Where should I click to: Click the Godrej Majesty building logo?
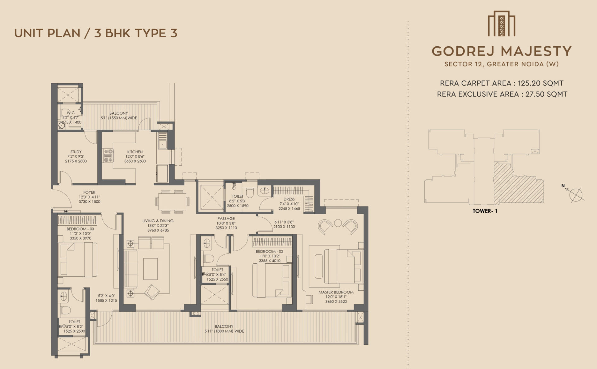click(501, 24)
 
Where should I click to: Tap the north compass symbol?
click(575, 194)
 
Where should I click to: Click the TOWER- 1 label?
click(485, 211)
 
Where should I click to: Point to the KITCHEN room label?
click(135, 152)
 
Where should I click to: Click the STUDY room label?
click(76, 152)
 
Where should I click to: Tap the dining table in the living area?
click(172, 201)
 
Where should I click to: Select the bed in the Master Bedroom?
click(342, 266)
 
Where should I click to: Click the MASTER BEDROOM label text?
click(336, 292)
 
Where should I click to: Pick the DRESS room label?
click(289, 199)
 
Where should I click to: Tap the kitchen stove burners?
click(108, 156)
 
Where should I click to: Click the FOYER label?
click(89, 192)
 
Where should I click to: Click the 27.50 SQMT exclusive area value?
click(546, 94)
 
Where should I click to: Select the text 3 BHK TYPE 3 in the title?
click(136, 33)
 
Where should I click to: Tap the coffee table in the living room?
click(150, 269)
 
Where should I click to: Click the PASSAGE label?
click(226, 219)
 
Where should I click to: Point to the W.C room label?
click(71, 113)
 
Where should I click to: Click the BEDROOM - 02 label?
click(269, 251)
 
